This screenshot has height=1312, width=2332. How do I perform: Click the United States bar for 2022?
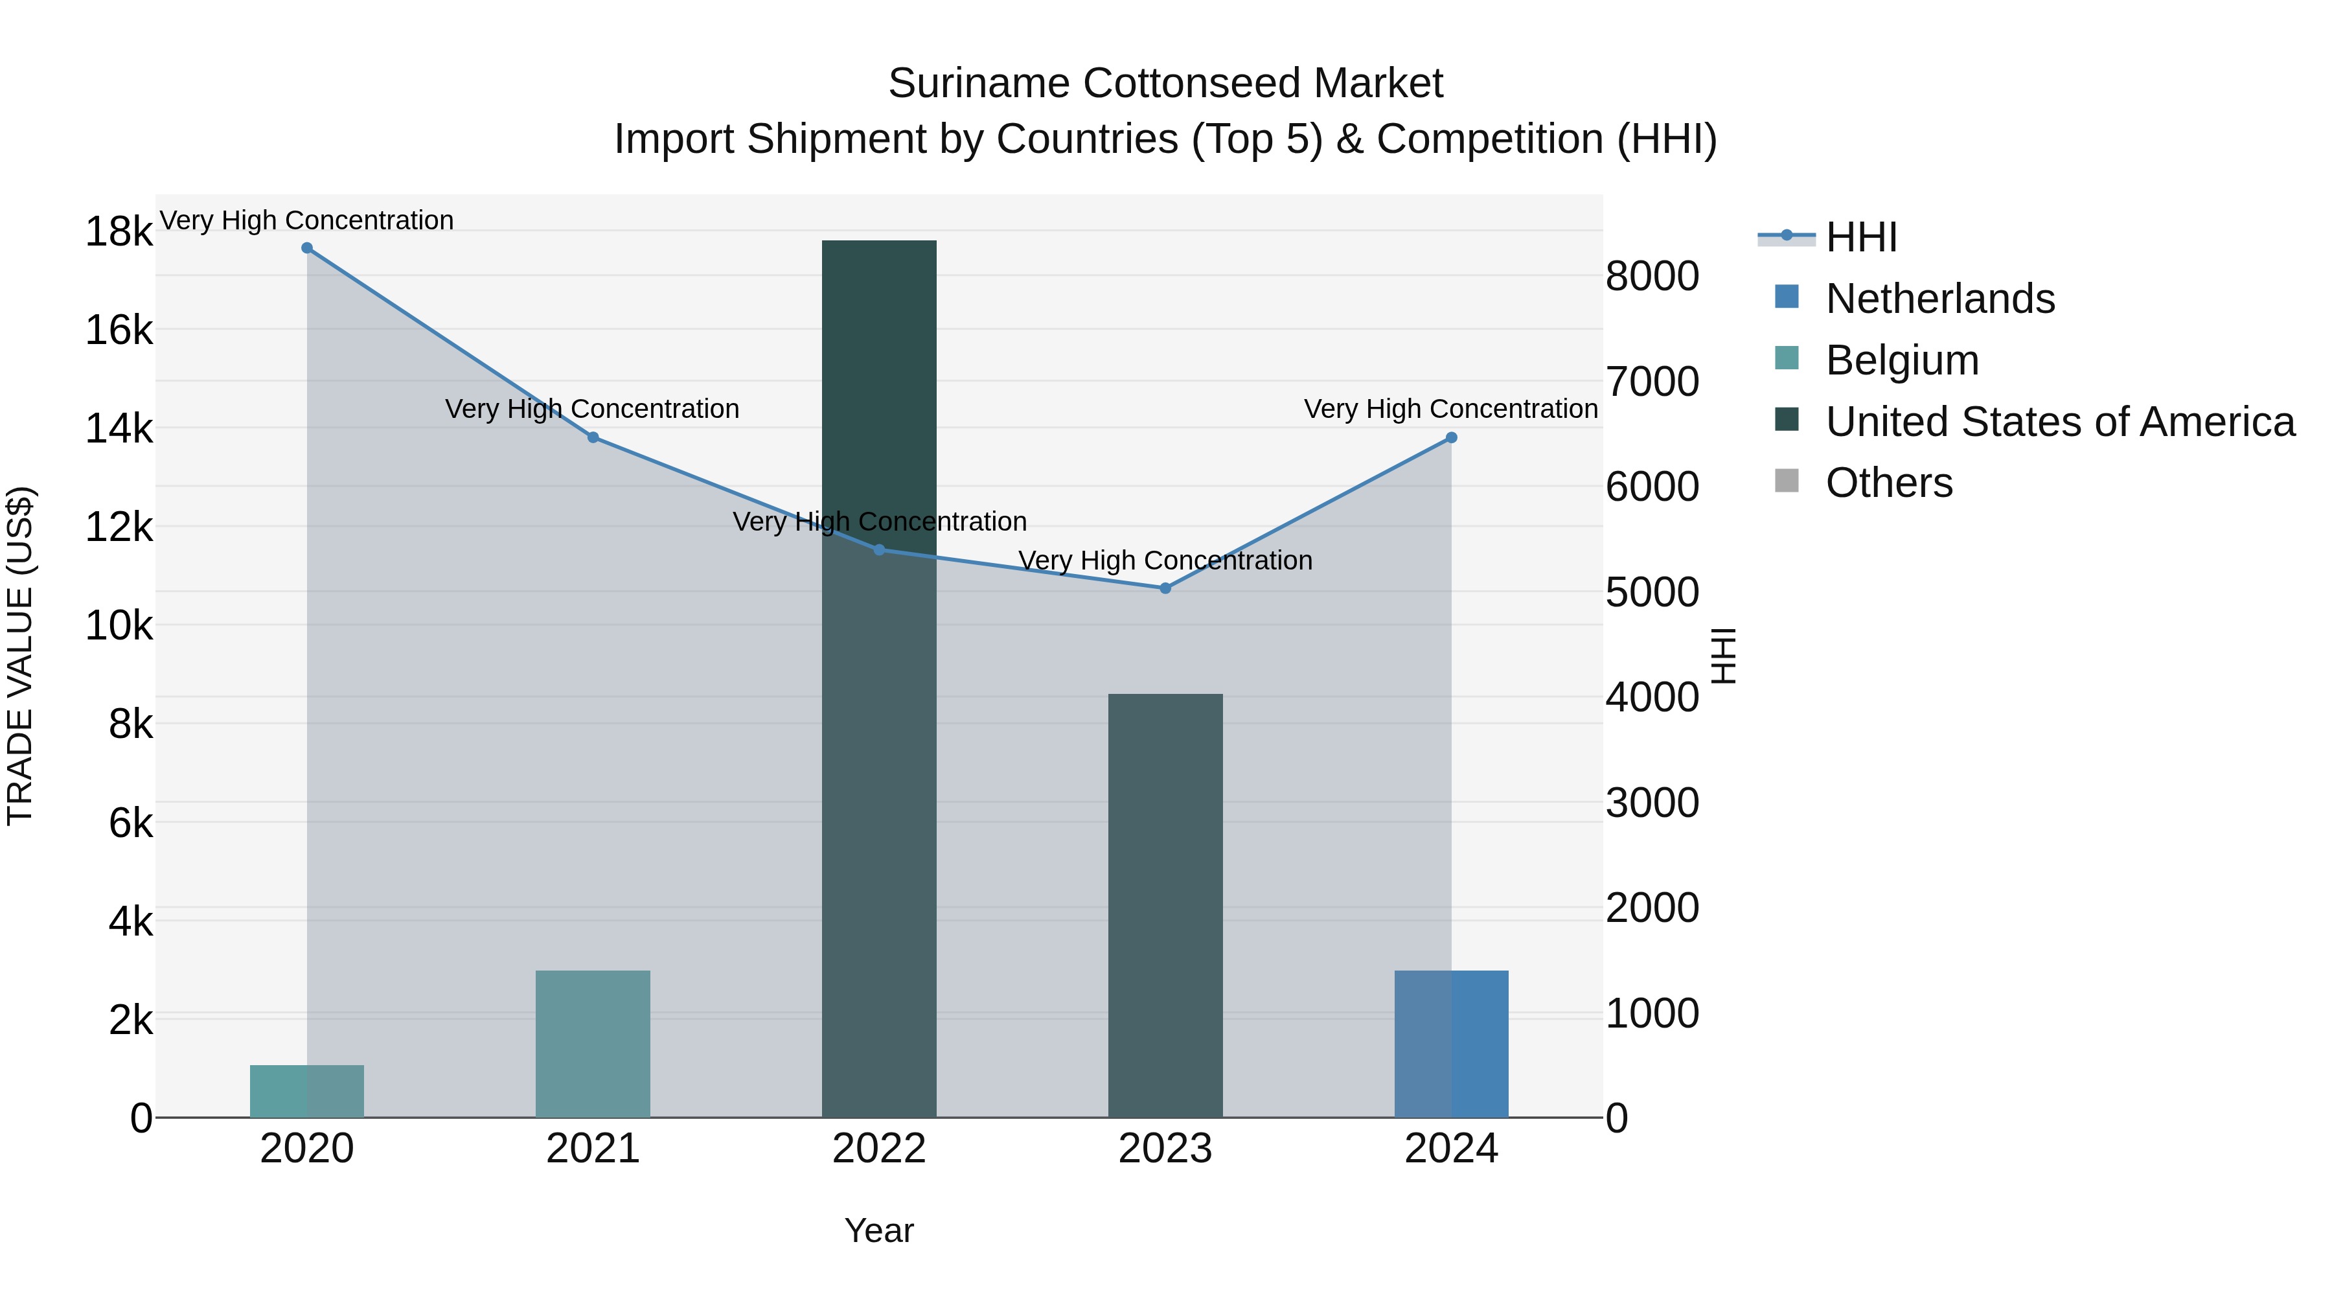click(x=878, y=679)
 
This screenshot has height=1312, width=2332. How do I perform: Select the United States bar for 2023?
click(x=1165, y=906)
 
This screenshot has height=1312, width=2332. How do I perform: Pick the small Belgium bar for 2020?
click(x=307, y=1091)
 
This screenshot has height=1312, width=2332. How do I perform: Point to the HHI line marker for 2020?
click(x=307, y=248)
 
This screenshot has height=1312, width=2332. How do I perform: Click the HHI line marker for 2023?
click(x=1165, y=588)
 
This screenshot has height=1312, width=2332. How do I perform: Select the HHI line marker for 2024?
click(x=1451, y=437)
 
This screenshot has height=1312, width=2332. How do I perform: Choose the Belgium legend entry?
click(x=1901, y=360)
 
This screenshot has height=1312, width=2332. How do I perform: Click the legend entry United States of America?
click(x=2059, y=422)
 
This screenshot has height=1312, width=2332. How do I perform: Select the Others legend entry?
click(x=1888, y=483)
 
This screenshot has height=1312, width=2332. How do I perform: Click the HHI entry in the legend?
click(x=1860, y=237)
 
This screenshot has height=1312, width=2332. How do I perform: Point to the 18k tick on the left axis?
click(x=119, y=232)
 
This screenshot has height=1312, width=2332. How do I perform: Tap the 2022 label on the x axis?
click(x=878, y=1149)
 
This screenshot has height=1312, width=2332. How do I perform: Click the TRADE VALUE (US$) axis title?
click(x=20, y=656)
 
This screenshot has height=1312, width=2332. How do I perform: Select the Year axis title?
click(x=878, y=1230)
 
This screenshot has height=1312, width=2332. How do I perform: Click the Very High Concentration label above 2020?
click(x=307, y=221)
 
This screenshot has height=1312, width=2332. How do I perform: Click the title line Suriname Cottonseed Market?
click(x=1165, y=84)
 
